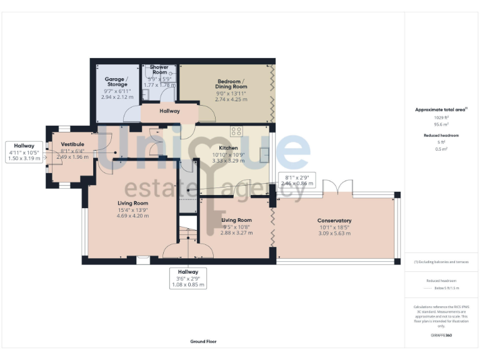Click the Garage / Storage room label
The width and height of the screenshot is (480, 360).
click(117, 82)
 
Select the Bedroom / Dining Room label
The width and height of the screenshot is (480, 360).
click(231, 84)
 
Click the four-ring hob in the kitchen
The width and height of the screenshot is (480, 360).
click(237, 131)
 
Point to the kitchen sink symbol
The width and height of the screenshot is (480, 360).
click(264, 154)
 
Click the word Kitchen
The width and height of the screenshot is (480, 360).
click(229, 147)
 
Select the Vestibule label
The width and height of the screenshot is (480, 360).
click(72, 144)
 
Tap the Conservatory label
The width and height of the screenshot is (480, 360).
click(334, 221)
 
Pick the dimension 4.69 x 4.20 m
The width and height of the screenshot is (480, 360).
click(133, 216)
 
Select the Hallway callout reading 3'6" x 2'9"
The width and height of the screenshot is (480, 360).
click(188, 278)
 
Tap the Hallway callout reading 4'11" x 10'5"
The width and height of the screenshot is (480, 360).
click(24, 152)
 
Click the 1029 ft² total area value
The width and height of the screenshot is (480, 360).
click(441, 117)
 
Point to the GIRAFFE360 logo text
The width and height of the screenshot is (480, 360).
click(441, 336)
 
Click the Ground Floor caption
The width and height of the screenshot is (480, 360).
click(203, 342)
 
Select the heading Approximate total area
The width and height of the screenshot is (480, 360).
click(440, 109)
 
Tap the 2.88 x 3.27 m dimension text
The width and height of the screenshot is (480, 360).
click(236, 232)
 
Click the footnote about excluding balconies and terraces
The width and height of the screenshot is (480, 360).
click(441, 262)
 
